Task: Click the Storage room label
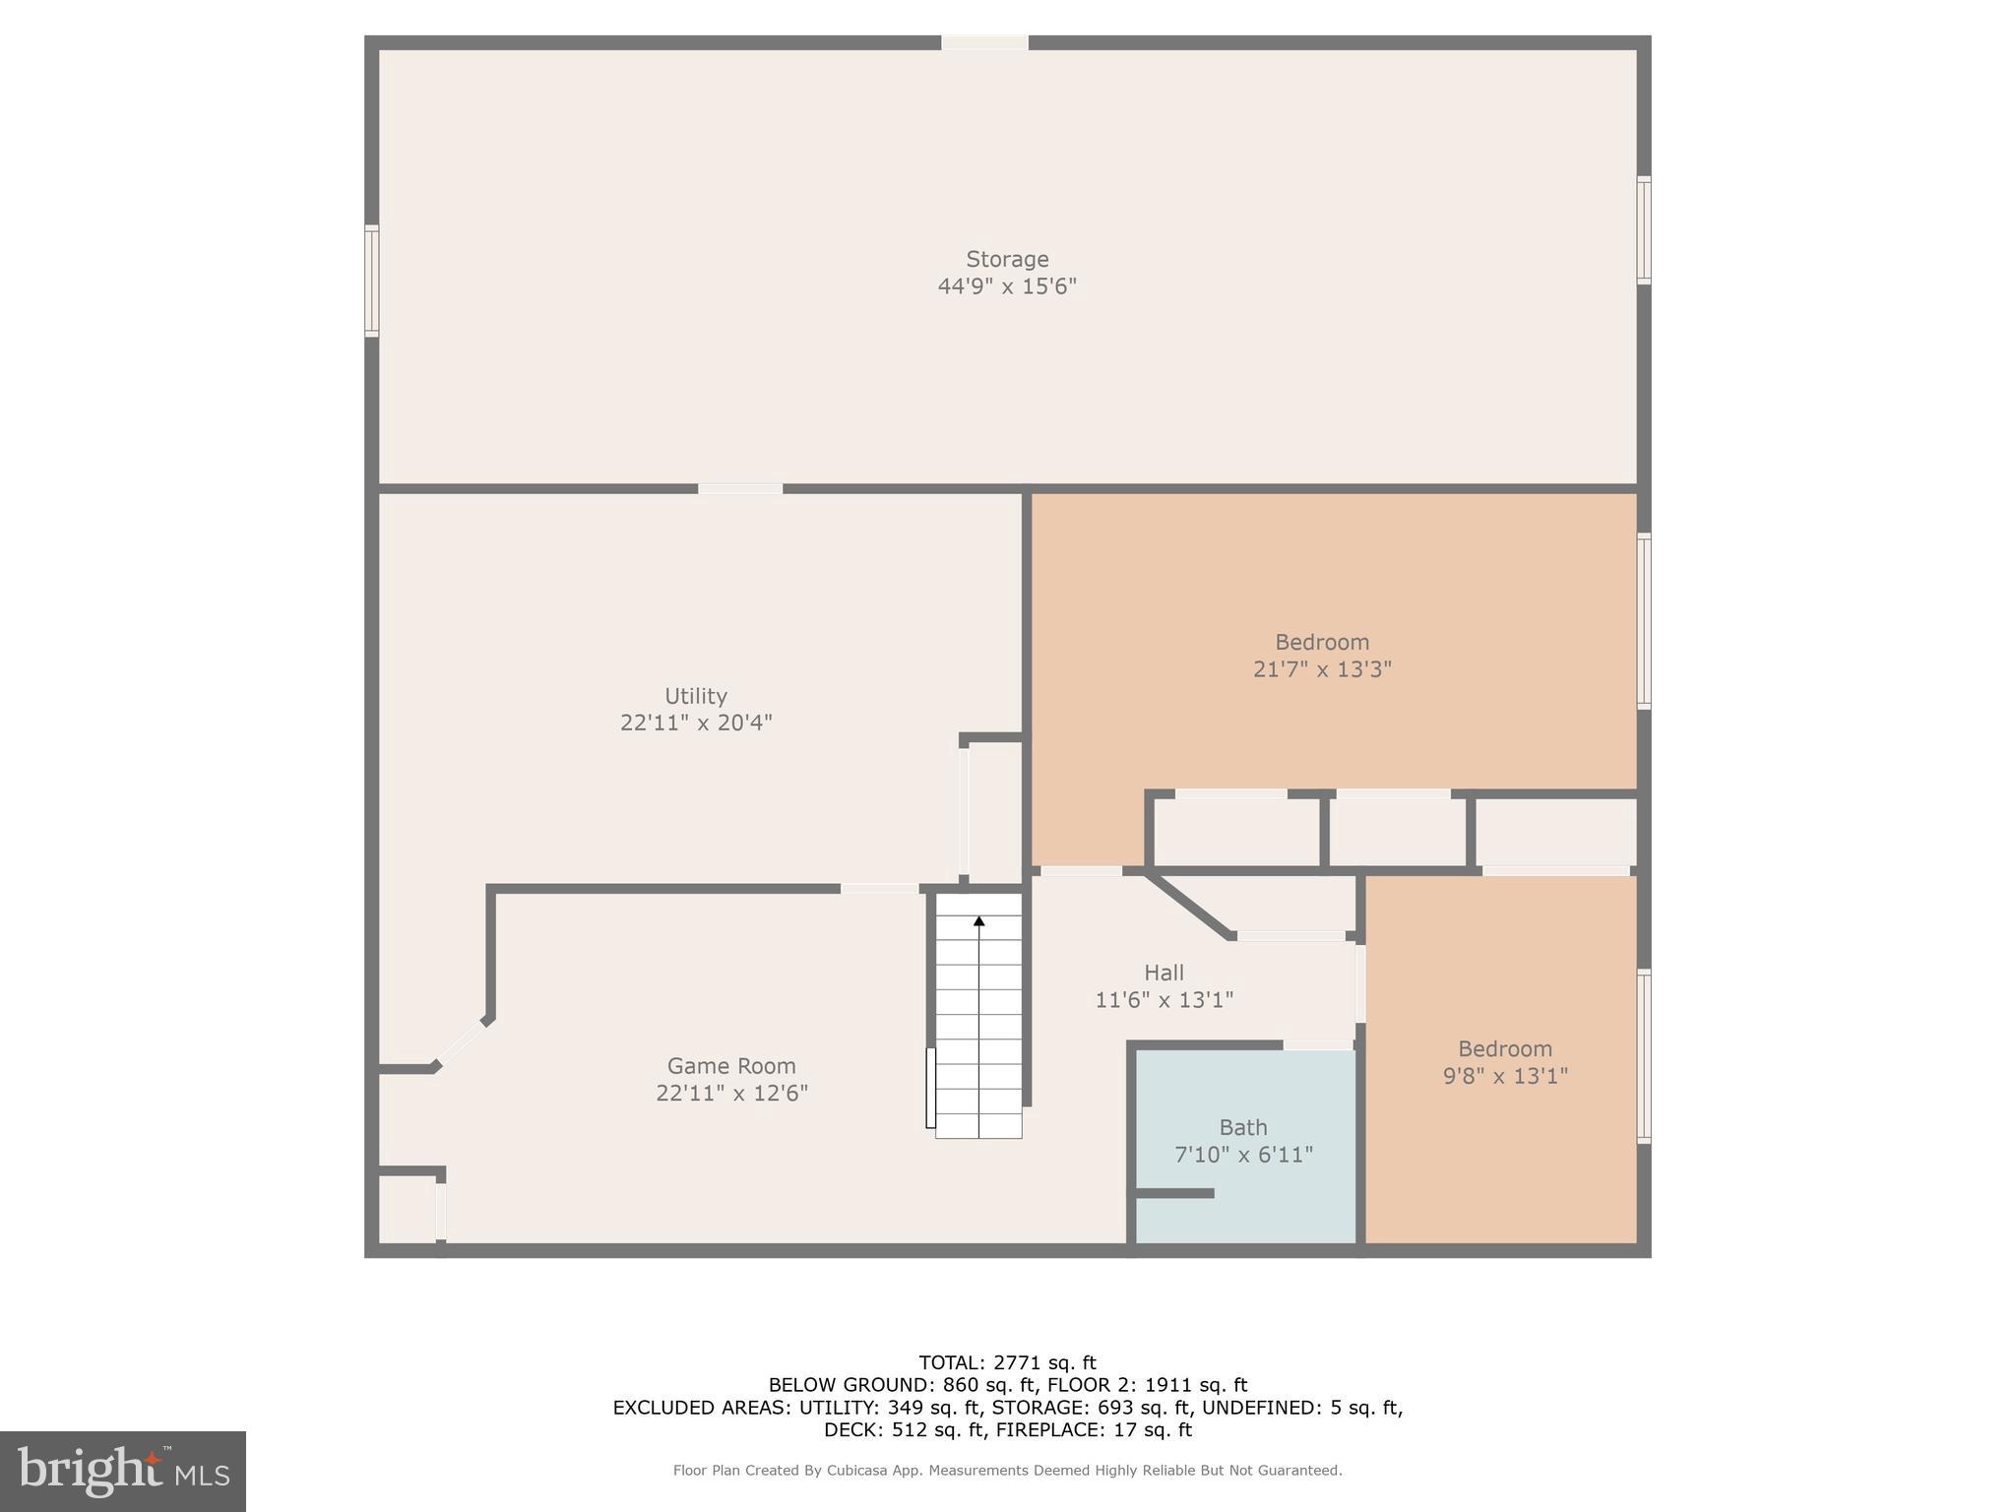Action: coord(1007,259)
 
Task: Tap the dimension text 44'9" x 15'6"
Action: coord(1007,286)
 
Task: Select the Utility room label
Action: coord(696,696)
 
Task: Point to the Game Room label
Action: coord(731,1065)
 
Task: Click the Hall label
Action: coord(1164,973)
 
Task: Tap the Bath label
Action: coord(1243,1127)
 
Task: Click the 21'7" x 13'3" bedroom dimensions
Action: coord(1322,669)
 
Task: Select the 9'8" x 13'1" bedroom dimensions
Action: coord(1505,1076)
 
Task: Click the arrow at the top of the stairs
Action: coord(978,921)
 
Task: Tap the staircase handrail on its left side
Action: coord(930,1088)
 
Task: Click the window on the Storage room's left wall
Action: coord(371,281)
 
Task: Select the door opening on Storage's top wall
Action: coord(984,42)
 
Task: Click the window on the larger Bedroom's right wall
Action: coord(1643,620)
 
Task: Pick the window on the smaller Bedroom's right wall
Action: coord(1643,1055)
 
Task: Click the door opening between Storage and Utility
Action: coord(740,488)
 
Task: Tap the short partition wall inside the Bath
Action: coord(1174,1193)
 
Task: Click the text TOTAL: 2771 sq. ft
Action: coord(1007,1362)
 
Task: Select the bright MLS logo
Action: coord(123,1472)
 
